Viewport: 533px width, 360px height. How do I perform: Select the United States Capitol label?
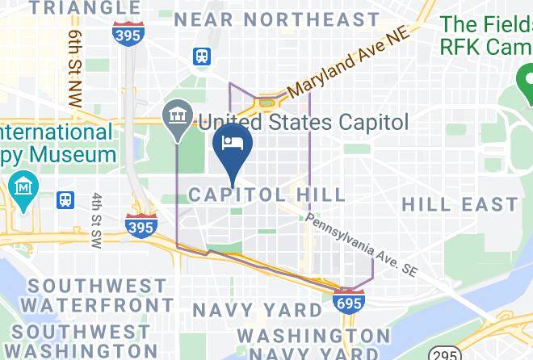pyautogui.click(x=304, y=123)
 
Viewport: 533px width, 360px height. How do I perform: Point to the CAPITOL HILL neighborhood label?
pyautogui.click(x=266, y=195)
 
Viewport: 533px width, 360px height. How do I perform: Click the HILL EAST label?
pyautogui.click(x=460, y=203)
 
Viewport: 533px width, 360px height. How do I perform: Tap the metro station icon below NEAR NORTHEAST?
pyautogui.click(x=201, y=57)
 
